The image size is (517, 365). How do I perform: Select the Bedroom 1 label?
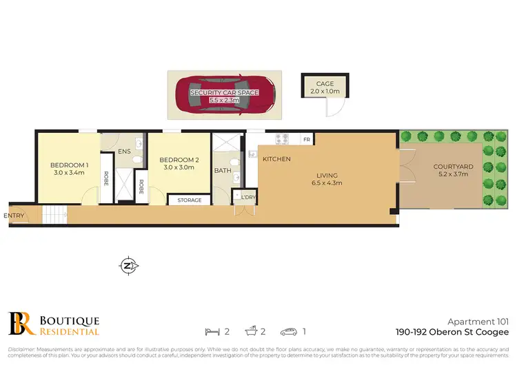(69, 165)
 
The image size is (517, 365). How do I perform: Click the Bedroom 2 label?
(181, 160)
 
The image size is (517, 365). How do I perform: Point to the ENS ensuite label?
(124, 152)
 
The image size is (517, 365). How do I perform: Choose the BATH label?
(223, 170)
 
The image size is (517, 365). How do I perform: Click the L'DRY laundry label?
(247, 197)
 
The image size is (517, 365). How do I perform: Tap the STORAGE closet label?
(190, 200)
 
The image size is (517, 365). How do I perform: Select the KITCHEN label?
(277, 159)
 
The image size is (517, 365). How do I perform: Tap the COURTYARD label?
(453, 167)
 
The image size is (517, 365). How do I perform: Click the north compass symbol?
(128, 265)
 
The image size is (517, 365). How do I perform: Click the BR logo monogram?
(19, 323)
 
